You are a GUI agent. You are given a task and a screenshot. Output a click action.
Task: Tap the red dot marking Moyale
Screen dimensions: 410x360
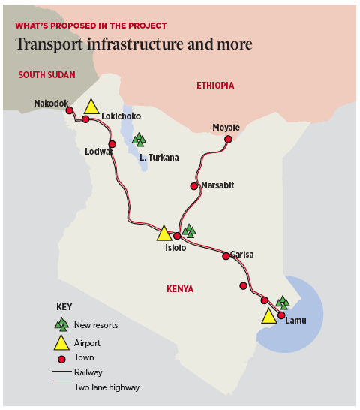[x=228, y=139]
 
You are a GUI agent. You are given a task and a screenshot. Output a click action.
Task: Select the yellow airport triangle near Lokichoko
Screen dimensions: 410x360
[x=91, y=107]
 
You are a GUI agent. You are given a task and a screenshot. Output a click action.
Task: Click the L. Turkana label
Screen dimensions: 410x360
[x=159, y=158]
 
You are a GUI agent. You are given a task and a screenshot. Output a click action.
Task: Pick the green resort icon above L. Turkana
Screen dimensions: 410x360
[x=139, y=139]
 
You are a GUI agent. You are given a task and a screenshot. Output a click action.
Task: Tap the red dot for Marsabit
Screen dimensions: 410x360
[x=193, y=186]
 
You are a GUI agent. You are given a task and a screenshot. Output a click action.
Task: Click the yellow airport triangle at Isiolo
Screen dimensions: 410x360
[x=164, y=233]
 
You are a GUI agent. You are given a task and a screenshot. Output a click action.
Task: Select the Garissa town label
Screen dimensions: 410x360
[x=241, y=255]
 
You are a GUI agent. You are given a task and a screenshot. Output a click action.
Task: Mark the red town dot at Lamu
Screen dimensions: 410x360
[x=281, y=315]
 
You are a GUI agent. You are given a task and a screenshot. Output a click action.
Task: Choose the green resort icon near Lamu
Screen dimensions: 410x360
[x=282, y=303]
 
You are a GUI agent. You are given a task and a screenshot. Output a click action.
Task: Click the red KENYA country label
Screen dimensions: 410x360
[x=181, y=288]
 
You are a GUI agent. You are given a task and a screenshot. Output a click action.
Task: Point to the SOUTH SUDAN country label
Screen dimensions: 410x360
[x=44, y=74]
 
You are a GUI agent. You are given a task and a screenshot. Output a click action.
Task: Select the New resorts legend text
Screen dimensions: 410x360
[x=96, y=325]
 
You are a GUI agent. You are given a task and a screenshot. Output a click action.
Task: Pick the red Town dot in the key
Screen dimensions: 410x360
[x=61, y=357]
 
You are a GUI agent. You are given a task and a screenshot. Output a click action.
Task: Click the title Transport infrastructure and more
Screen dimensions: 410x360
[x=133, y=45]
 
